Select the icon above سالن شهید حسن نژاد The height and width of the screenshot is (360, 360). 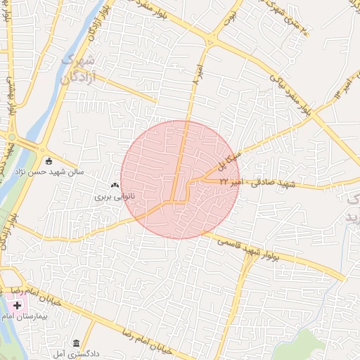point(48,160)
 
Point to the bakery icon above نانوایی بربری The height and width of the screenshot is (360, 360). point(114,185)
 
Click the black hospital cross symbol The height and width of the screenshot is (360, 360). point(17,307)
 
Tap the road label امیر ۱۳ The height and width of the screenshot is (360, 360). point(346,86)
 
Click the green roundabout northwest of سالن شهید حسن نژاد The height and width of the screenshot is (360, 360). point(12,136)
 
